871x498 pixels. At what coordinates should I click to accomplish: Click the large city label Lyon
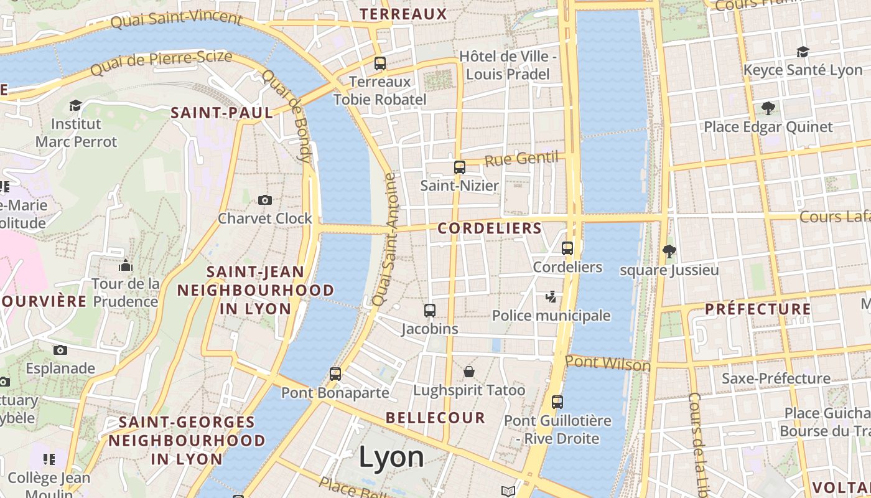391,458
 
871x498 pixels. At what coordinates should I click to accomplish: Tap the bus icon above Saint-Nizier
460,167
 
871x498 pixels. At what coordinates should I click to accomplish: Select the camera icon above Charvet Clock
265,200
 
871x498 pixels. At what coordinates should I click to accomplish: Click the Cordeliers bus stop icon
567,248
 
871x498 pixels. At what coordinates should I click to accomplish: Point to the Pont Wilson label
608,364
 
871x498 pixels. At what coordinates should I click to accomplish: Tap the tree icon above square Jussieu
669,251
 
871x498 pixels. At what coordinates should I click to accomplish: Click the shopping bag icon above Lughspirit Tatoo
469,372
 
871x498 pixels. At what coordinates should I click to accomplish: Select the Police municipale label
551,316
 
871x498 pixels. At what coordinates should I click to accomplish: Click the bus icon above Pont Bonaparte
335,374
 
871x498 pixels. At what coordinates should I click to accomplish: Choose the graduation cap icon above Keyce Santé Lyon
803,52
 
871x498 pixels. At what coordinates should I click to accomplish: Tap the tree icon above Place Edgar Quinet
768,108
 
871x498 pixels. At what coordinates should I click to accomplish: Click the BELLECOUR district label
435,417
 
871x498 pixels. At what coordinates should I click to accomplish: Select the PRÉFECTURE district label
758,309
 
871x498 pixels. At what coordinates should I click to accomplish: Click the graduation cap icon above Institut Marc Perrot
76,105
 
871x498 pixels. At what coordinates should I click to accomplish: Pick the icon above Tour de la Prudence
126,266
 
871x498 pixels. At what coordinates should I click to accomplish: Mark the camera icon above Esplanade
60,350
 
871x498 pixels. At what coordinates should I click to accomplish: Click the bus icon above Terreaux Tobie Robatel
380,63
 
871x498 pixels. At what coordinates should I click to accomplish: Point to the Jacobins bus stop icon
430,310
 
